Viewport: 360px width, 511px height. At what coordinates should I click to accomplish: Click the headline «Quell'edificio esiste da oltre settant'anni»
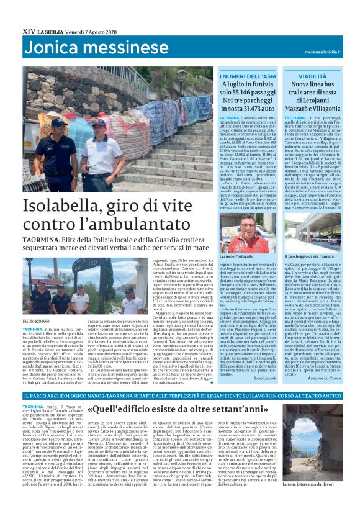[x=186, y=410]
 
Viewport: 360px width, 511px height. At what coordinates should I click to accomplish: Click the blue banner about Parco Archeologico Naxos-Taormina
[x=180, y=396]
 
